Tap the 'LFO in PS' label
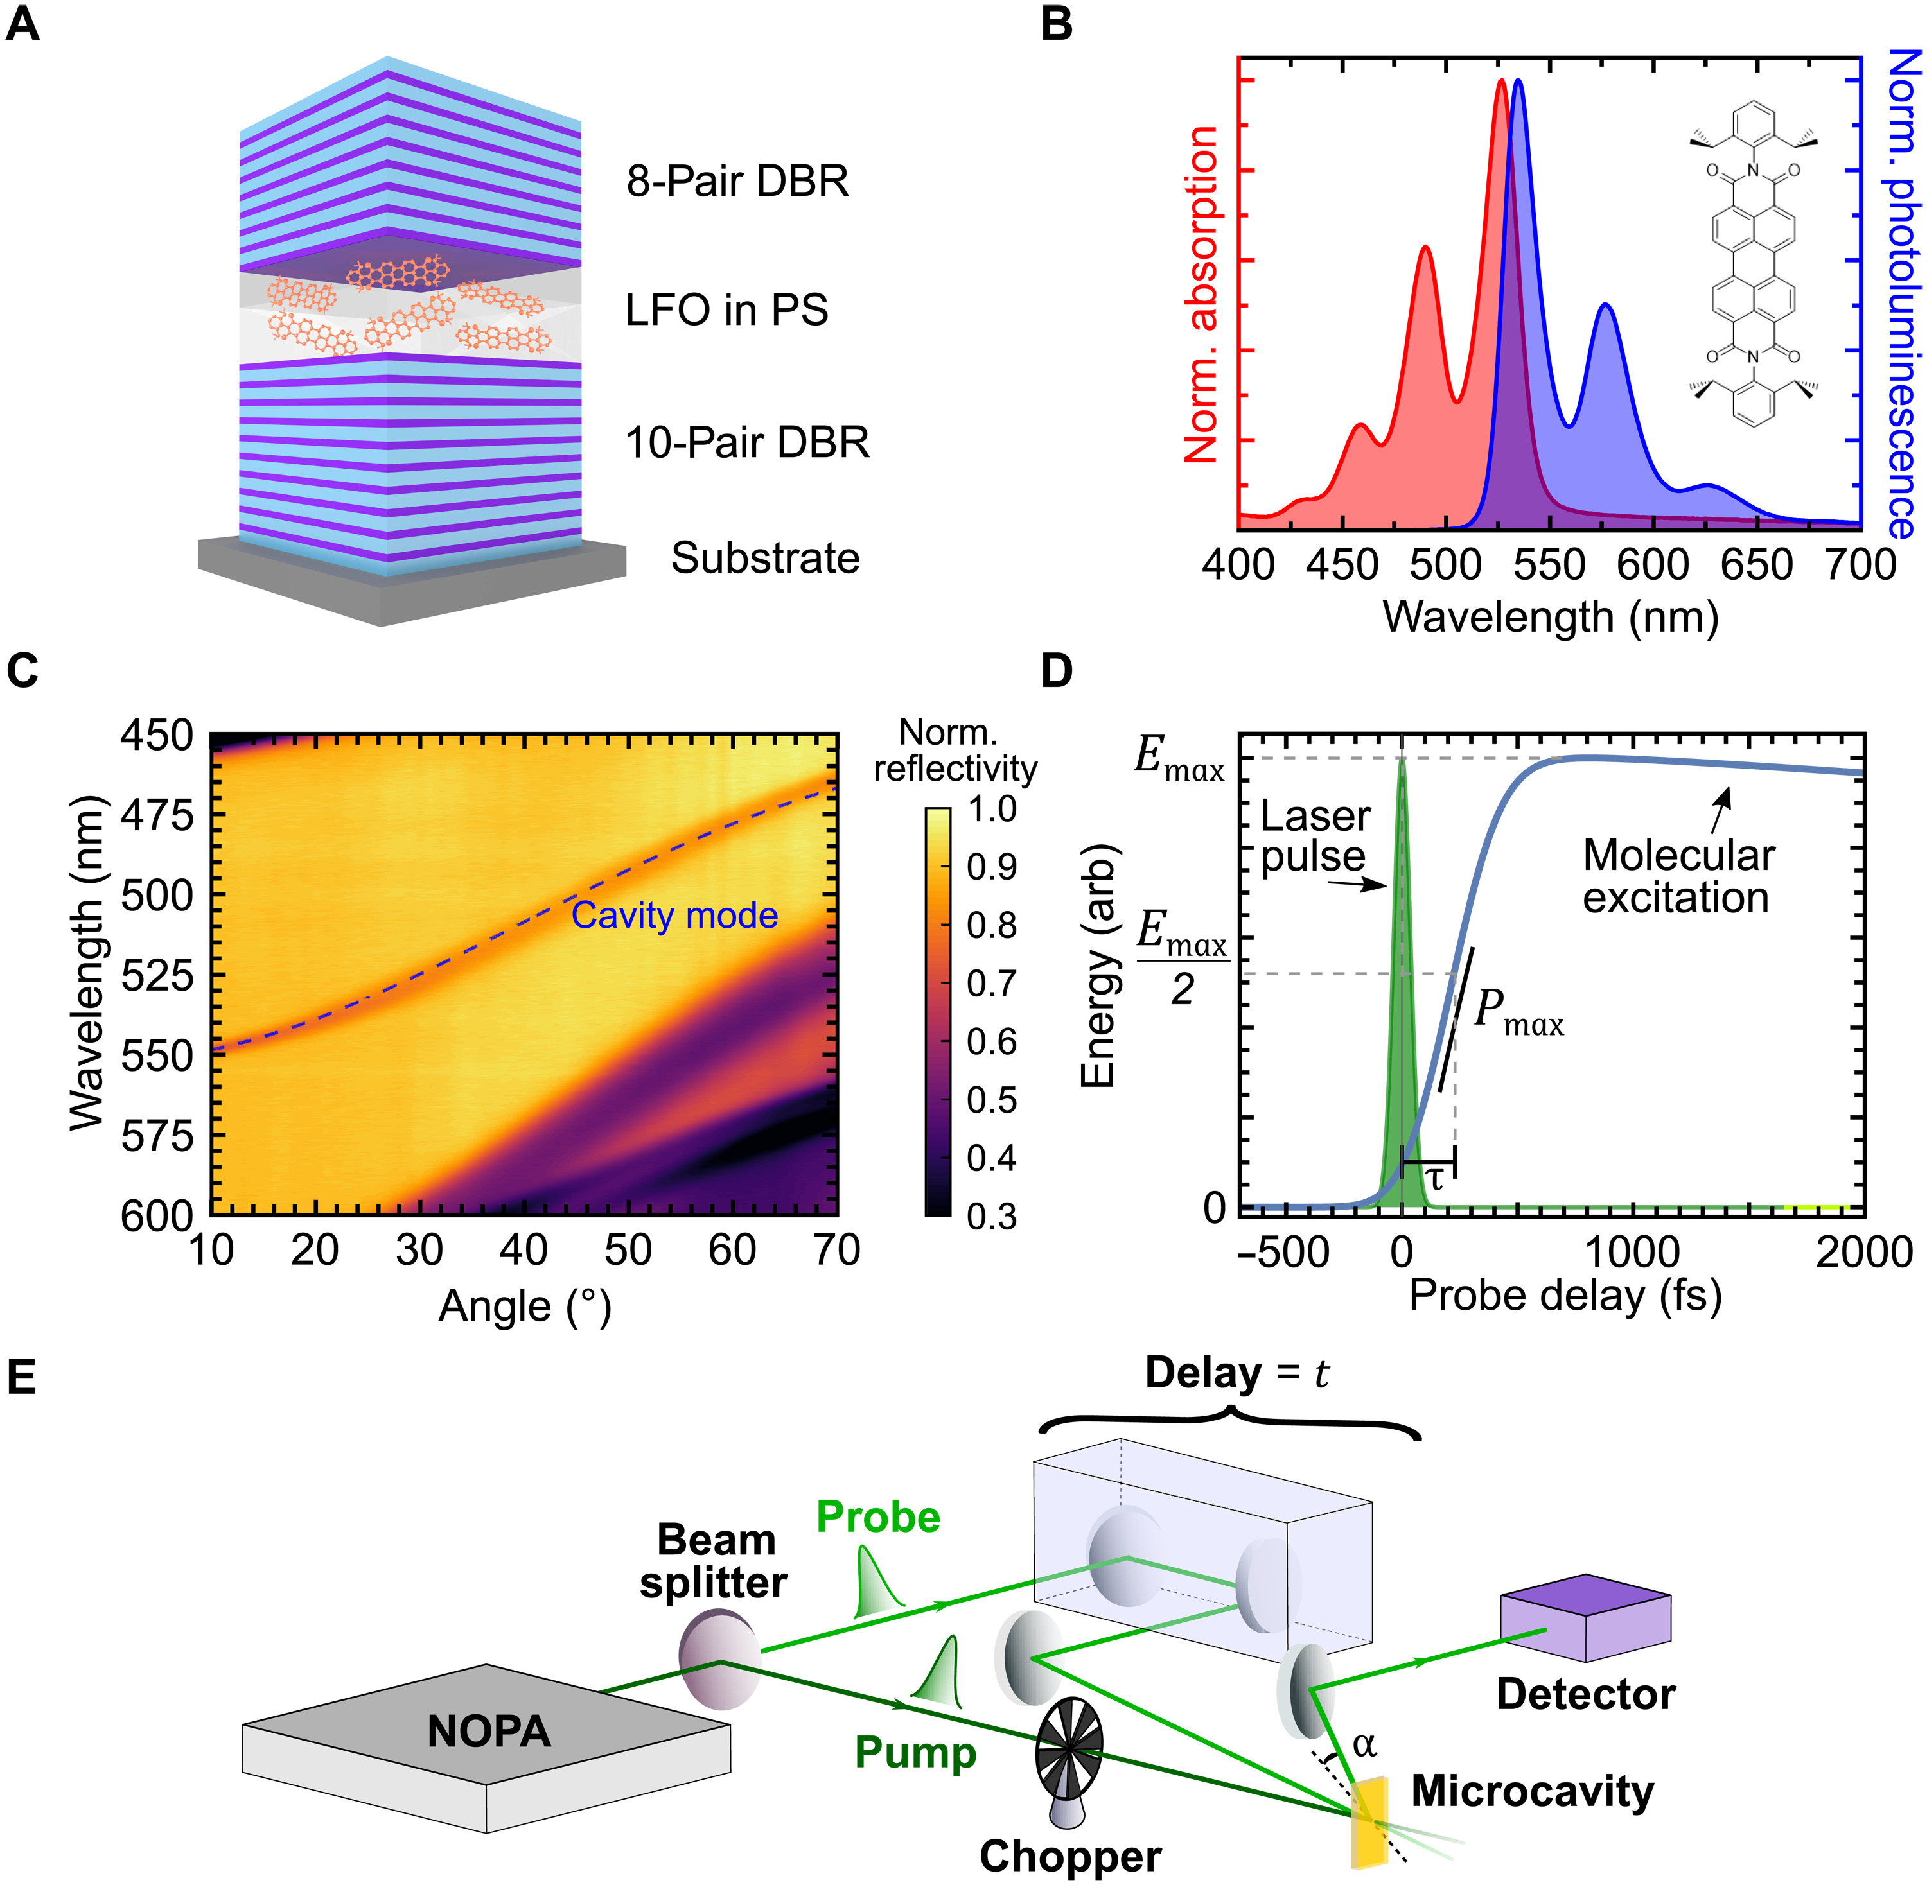point(726,310)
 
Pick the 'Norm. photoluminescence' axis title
point(1902,294)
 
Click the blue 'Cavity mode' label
point(674,916)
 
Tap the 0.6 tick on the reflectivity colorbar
point(991,1041)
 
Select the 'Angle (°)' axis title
point(525,1306)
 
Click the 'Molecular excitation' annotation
point(1678,876)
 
